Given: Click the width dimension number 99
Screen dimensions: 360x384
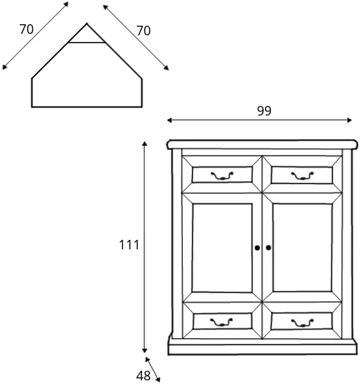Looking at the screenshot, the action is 264,110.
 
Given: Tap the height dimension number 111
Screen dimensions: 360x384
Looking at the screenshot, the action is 129,245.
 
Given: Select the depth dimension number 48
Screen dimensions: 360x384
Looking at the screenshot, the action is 144,375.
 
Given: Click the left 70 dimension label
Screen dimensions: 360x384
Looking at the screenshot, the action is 27,29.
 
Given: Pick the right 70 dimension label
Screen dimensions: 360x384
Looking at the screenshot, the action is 144,31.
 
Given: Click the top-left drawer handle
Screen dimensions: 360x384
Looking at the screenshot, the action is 222,176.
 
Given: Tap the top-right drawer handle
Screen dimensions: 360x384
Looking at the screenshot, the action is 303,176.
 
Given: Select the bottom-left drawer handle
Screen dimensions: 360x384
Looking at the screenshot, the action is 222,322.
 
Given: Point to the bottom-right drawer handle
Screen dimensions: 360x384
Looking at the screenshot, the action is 303,322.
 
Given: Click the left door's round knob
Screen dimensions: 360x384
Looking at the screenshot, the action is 257,248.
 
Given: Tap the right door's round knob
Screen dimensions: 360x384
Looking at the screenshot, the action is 269,248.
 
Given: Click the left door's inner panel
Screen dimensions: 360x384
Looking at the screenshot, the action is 222,248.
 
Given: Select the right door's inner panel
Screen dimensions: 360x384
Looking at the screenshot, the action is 303,248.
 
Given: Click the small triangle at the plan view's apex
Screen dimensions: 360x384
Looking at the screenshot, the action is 87,35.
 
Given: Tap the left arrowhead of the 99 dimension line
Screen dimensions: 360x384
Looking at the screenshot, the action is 169,120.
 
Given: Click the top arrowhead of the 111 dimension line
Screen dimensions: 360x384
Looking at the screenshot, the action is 144,143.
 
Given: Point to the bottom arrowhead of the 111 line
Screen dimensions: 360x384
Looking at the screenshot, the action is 144,350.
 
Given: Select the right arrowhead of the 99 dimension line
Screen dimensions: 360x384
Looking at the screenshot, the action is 350,120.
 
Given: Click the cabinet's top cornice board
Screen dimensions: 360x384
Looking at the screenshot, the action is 262,144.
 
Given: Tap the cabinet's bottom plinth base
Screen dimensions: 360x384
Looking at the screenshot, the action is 262,347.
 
